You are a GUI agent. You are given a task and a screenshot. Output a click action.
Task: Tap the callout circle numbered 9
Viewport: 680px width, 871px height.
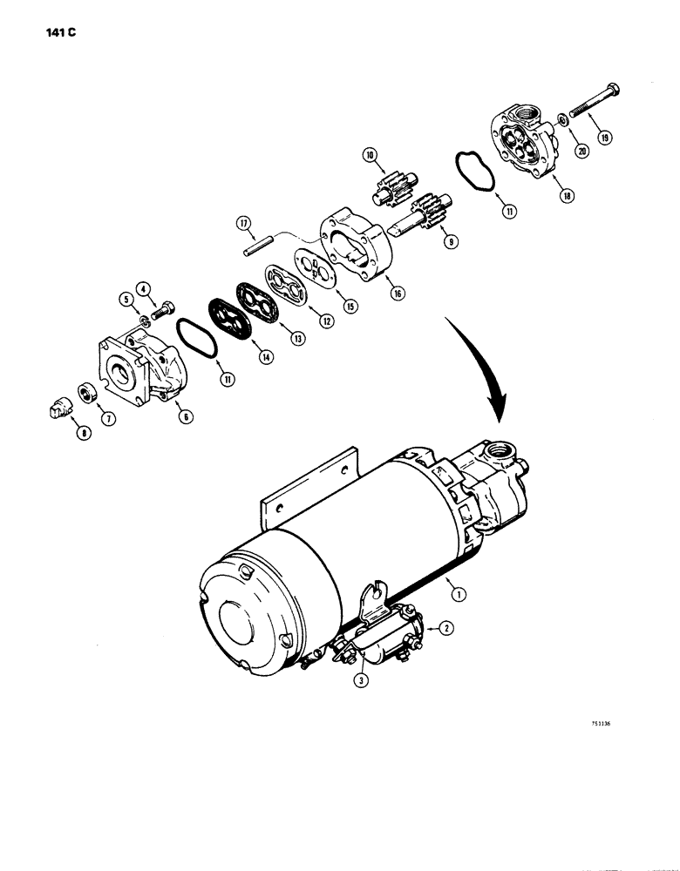click(x=451, y=244)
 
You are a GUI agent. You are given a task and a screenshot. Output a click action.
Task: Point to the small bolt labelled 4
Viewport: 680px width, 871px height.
click(x=161, y=309)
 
